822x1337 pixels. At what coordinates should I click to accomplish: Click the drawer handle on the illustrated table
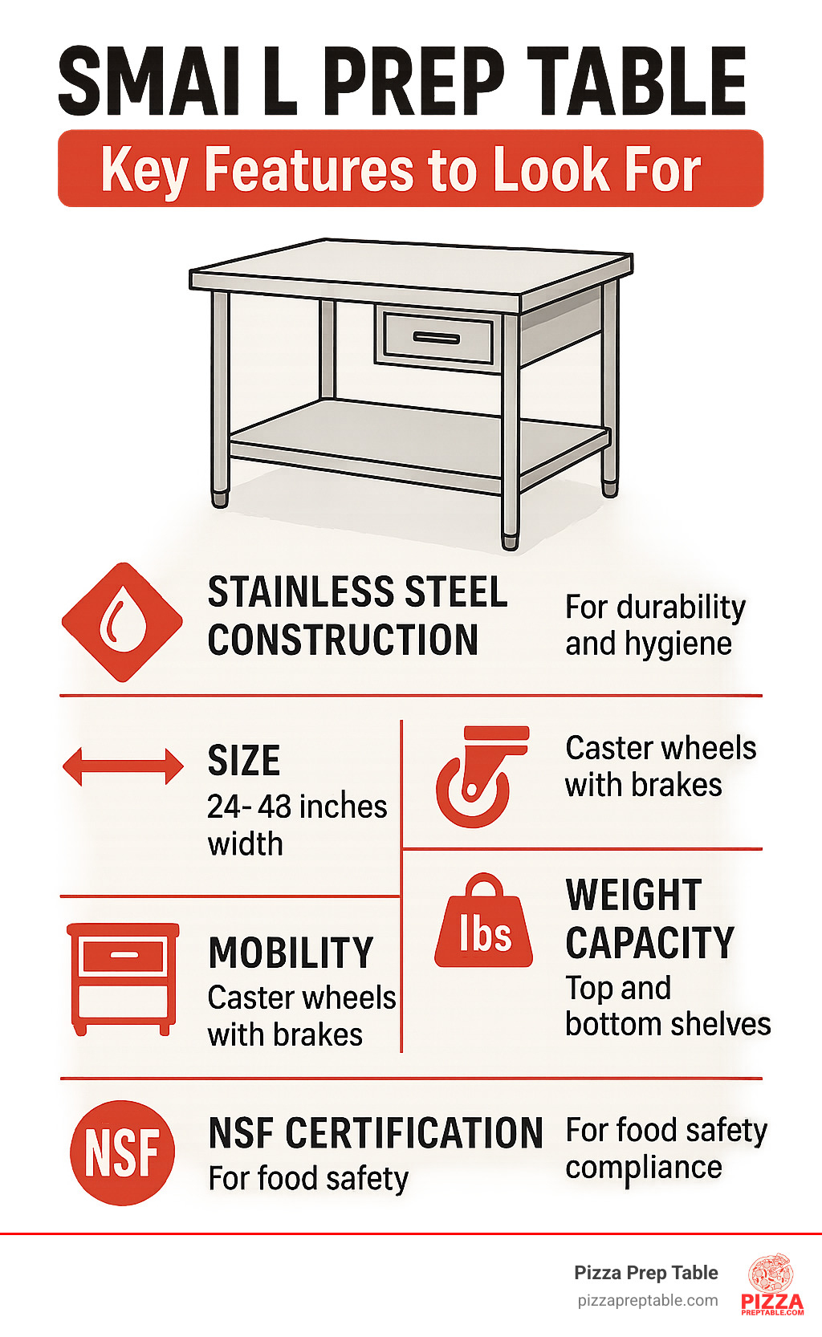(437, 339)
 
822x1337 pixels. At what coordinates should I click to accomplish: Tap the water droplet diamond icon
(122, 622)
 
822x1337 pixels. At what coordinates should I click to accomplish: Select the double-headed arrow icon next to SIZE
(123, 766)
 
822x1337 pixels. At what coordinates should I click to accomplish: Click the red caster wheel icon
(481, 777)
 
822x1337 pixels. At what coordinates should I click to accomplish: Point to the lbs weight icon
(483, 921)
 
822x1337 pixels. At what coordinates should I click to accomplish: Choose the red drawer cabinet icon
(123, 979)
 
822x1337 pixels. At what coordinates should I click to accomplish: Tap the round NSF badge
(122, 1152)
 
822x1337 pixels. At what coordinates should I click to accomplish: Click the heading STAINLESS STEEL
(357, 592)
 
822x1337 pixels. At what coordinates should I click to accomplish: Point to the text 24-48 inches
(297, 807)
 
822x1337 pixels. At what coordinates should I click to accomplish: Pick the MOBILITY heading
(291, 953)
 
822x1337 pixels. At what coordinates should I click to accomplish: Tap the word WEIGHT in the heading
(633, 895)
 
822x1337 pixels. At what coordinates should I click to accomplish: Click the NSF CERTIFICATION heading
(376, 1133)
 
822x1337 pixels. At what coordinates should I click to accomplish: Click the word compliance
(644, 1168)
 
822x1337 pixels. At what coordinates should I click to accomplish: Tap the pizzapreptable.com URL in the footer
(648, 1301)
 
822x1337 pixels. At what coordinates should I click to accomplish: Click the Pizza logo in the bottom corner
(772, 1285)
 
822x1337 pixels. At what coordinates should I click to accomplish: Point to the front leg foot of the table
(510, 542)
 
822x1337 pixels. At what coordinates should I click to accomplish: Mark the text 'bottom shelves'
(668, 1024)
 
